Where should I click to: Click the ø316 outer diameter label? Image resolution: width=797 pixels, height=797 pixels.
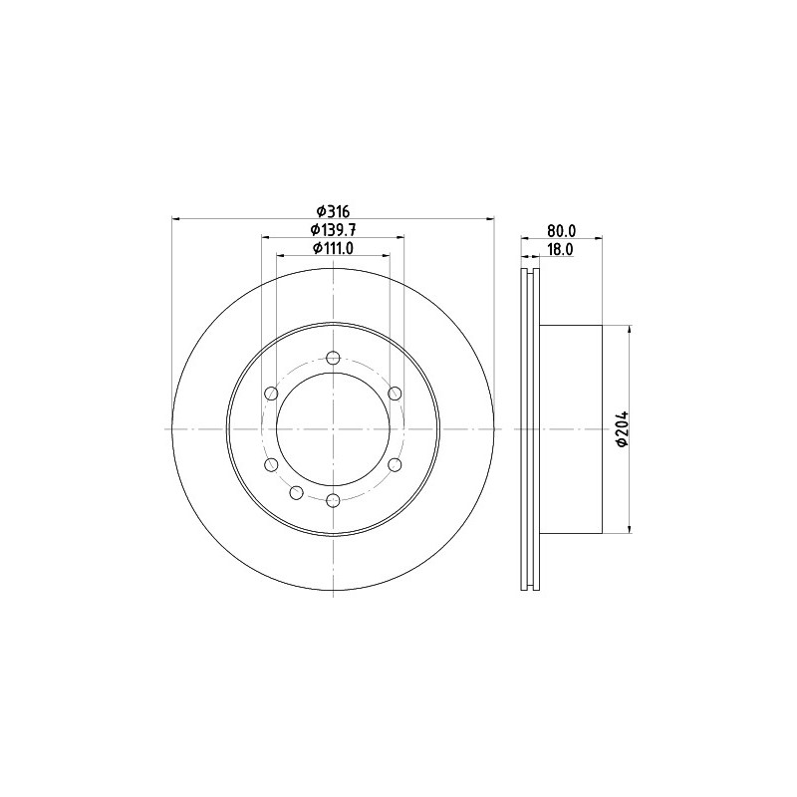click(333, 210)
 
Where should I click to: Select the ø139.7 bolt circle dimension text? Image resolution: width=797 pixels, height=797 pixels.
click(333, 230)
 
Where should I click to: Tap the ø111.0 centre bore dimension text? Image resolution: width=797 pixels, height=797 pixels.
click(333, 248)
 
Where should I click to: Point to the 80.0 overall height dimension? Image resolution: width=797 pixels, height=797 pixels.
click(561, 230)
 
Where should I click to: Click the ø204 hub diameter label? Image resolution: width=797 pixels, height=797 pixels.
click(622, 429)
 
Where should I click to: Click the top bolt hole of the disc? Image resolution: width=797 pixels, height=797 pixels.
click(333, 358)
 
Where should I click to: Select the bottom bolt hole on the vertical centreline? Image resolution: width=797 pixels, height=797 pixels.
click(333, 501)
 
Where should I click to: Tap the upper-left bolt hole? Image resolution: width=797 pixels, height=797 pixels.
click(271, 394)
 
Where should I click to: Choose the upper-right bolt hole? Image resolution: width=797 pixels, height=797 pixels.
click(395, 394)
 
